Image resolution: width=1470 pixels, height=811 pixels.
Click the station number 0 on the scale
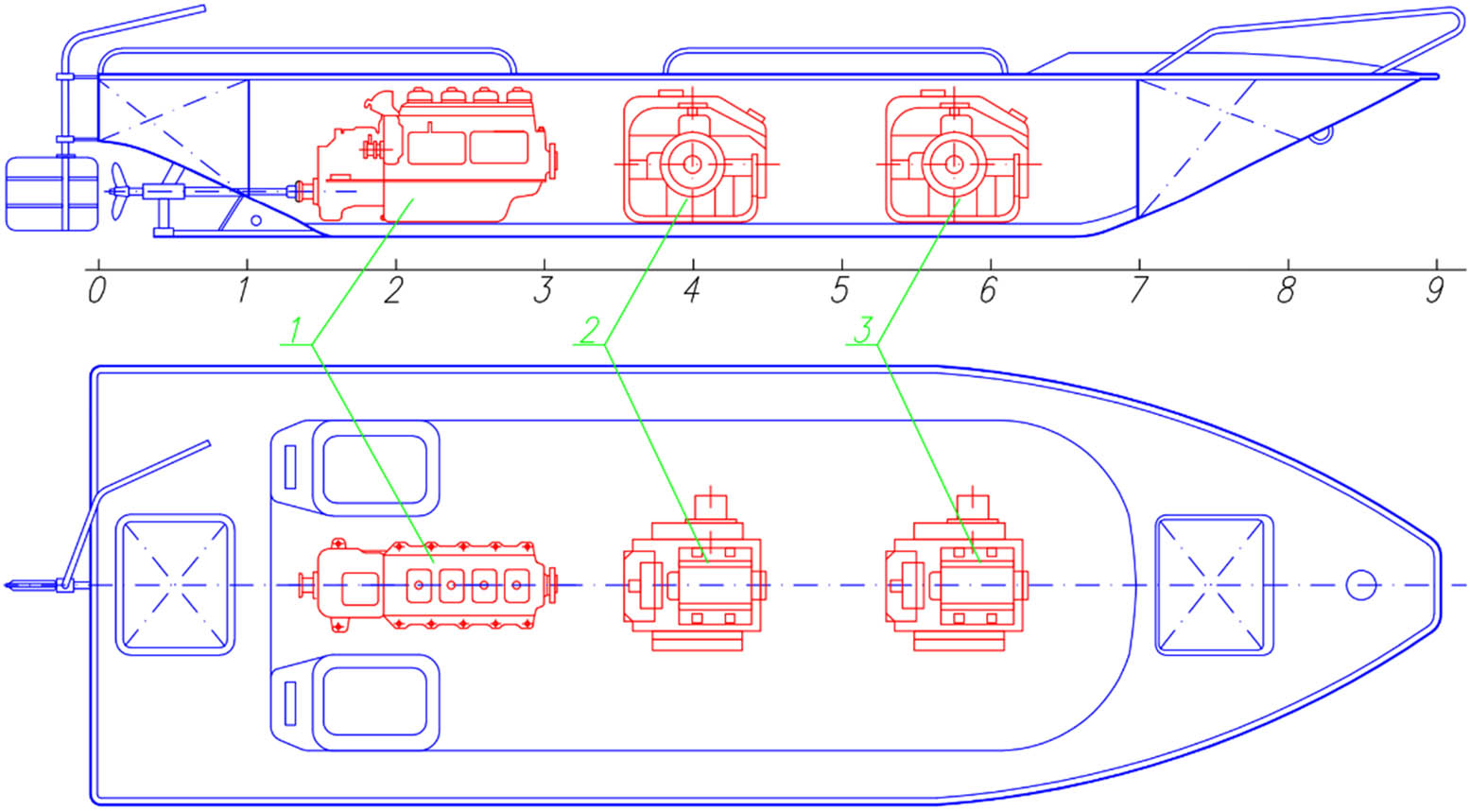(96, 290)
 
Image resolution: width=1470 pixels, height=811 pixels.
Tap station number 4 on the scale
(691, 290)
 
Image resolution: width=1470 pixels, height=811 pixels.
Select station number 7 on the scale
(1137, 290)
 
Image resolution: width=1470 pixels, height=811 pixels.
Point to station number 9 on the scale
(1435, 290)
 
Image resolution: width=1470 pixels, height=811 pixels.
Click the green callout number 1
(296, 332)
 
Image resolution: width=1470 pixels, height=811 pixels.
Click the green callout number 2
(590, 332)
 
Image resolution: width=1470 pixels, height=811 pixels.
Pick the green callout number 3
(863, 332)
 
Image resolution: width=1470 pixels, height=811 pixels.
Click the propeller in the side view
(118, 191)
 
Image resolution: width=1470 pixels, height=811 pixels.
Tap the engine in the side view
(435, 156)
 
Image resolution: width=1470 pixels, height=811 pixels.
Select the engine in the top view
(430, 585)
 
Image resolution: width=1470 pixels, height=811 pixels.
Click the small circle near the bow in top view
(1360, 585)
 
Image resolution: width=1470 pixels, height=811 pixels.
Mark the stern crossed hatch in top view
(175, 585)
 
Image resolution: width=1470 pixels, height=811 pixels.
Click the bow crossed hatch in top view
(1214, 585)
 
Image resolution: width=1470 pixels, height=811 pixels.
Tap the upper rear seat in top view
(375, 469)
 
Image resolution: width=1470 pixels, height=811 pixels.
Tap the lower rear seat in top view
(375, 701)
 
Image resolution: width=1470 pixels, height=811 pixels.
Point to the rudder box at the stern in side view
(51, 194)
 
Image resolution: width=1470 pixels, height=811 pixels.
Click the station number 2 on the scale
(393, 290)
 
